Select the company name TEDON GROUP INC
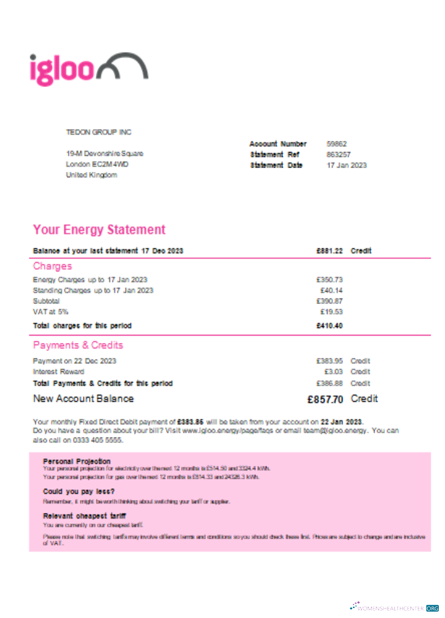[x=99, y=132]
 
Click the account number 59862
[x=337, y=144]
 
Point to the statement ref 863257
[x=339, y=154]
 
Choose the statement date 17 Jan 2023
[x=346, y=166]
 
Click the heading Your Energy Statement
[x=99, y=230]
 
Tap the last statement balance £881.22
[x=329, y=251]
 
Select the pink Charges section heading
[x=53, y=266]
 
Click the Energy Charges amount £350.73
[x=329, y=280]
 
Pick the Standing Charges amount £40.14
[x=331, y=290]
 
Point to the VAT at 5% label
[x=51, y=312]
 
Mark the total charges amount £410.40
[x=329, y=326]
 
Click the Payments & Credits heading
[x=78, y=345]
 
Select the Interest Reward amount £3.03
[x=334, y=372]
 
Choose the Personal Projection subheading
[x=77, y=461]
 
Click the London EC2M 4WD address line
[x=97, y=164]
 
